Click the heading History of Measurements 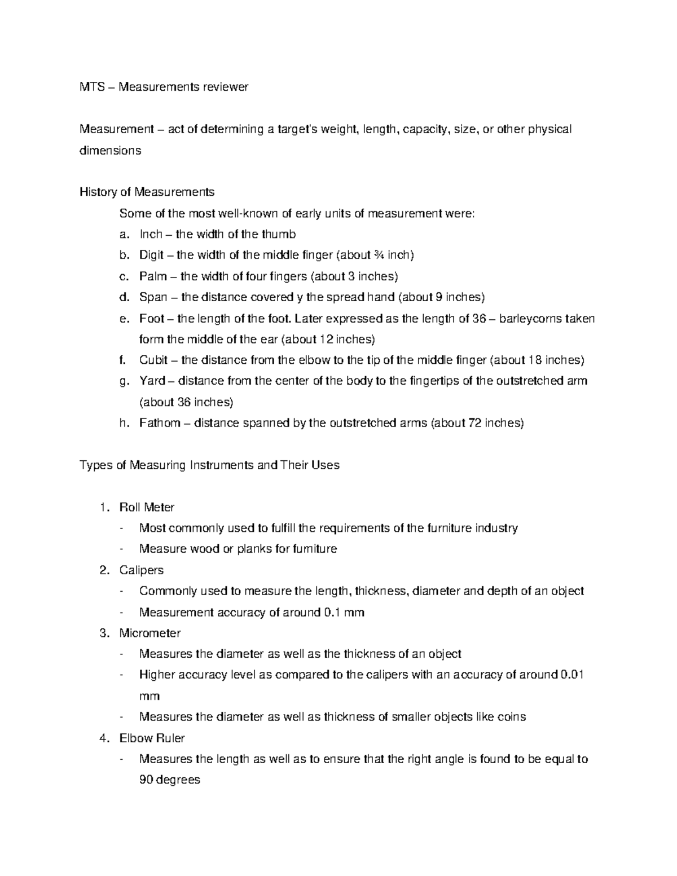point(147,192)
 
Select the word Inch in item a point(151,234)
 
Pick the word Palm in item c point(152,276)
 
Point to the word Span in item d point(153,297)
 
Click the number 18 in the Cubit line point(534,360)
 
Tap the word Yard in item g point(152,381)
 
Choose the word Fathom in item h point(160,423)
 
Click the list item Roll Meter point(147,507)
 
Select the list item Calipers point(141,570)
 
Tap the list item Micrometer point(150,633)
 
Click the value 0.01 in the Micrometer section point(572,675)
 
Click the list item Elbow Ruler point(152,738)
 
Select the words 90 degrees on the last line point(169,780)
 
